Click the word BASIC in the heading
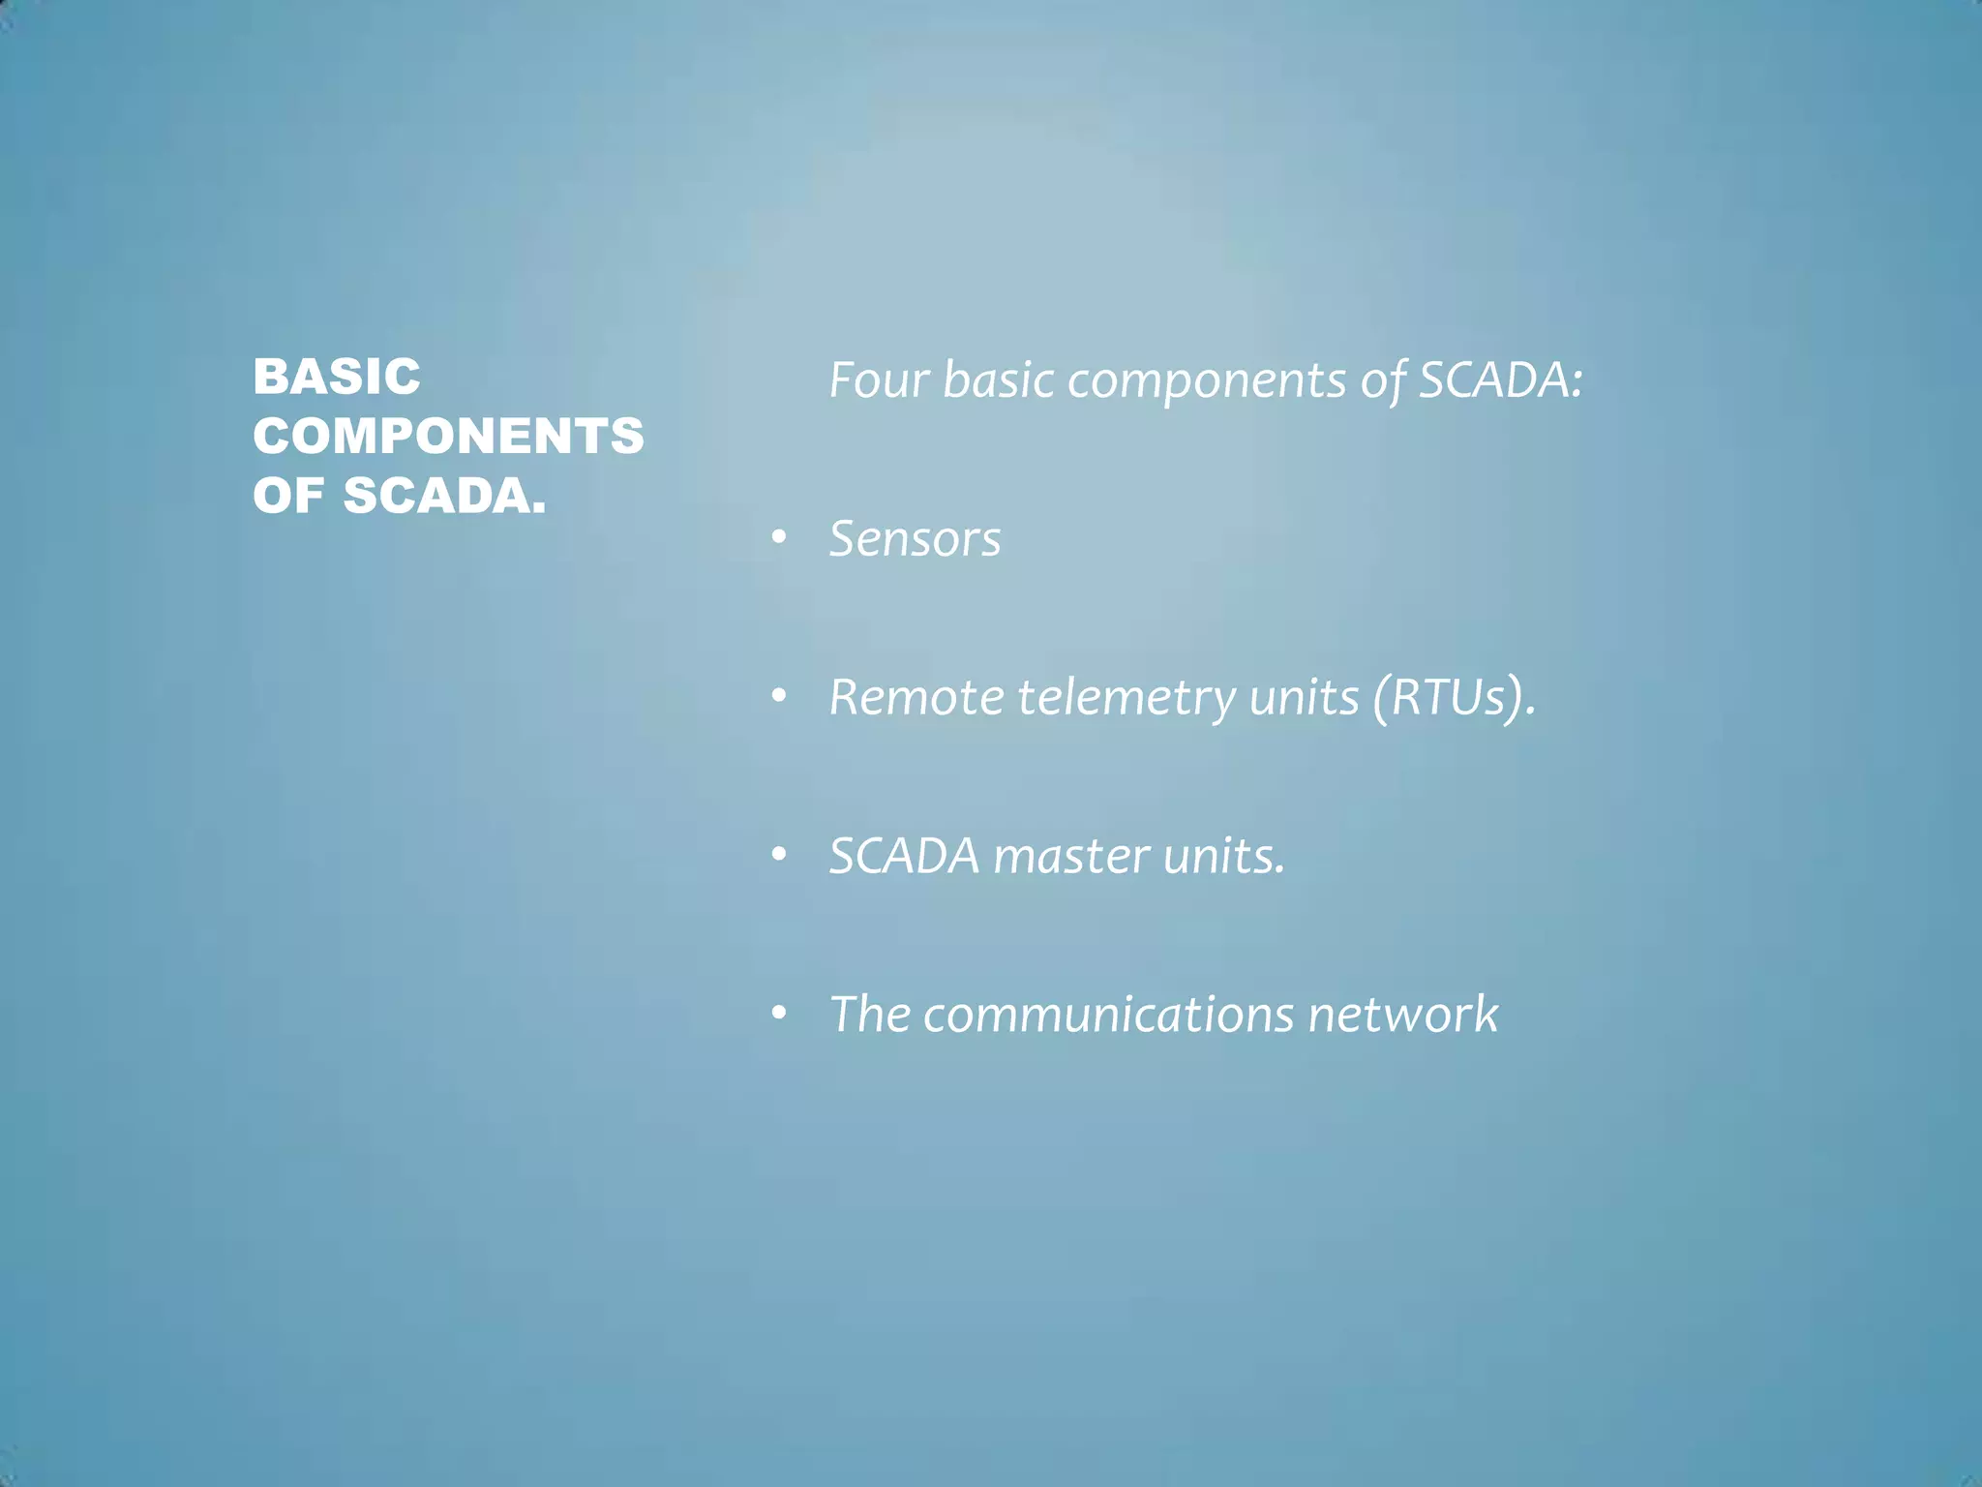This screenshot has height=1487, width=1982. point(337,377)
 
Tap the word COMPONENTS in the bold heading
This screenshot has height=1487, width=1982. point(448,436)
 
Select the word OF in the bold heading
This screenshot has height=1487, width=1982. point(287,496)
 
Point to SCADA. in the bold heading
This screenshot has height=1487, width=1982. point(444,496)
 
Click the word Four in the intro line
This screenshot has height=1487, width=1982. point(879,379)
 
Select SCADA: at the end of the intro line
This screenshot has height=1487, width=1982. point(1500,379)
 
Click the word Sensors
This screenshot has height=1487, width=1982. point(915,539)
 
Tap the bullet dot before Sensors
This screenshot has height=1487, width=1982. point(779,538)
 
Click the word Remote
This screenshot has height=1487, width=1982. point(916,697)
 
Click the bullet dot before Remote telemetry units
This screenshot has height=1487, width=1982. point(779,697)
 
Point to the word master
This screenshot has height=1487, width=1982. point(1071,857)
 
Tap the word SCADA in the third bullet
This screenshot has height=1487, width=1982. point(904,857)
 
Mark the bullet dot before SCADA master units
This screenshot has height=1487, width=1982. point(779,856)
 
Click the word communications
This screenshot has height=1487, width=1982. point(1108,1015)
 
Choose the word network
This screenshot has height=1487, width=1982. point(1402,1015)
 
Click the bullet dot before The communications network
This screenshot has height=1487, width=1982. point(779,1014)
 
